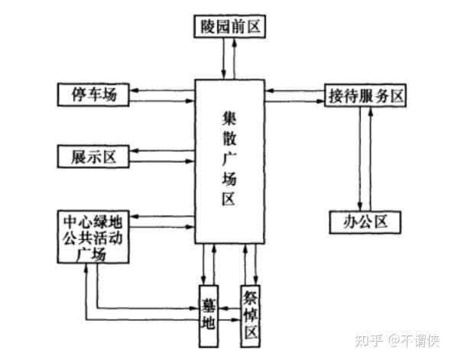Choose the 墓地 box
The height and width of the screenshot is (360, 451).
coord(208,310)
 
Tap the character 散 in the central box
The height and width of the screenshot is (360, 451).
coord(229,140)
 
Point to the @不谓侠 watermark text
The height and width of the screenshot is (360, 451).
coord(414,337)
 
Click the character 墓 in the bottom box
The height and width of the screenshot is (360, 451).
coord(208,299)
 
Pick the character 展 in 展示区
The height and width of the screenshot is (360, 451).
coord(74,157)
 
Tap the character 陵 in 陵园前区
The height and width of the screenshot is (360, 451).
coord(206,27)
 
